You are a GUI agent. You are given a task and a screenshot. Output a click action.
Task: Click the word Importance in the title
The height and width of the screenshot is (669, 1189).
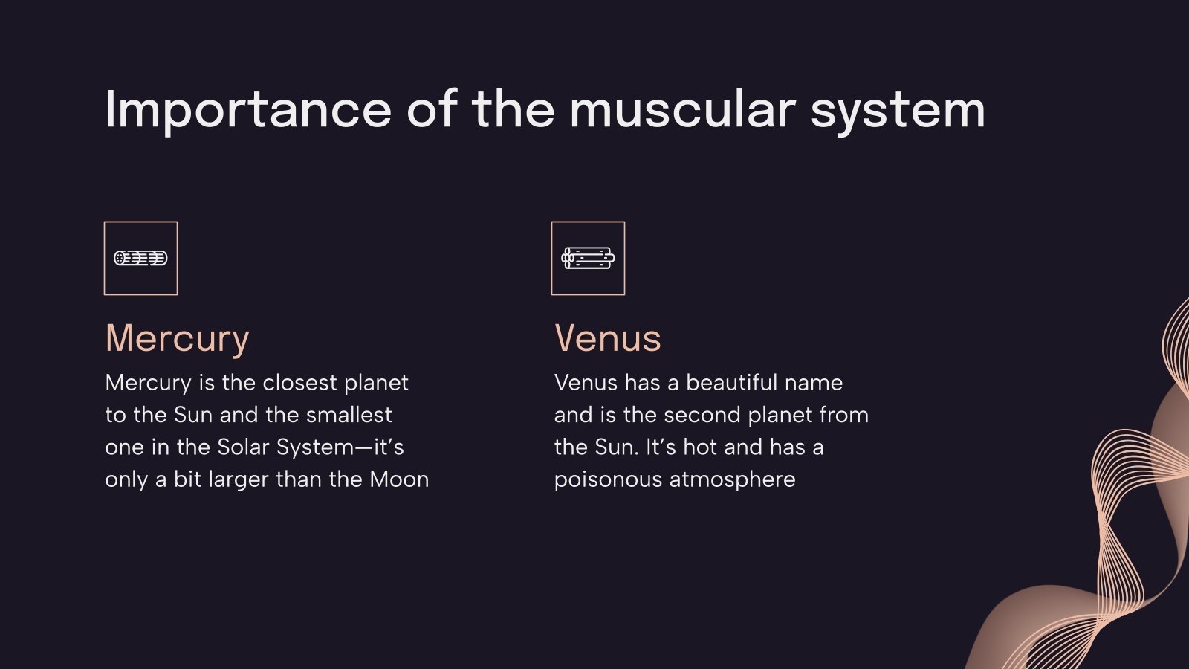pyautogui.click(x=248, y=110)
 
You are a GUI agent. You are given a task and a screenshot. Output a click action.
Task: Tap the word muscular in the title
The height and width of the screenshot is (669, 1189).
pyautogui.click(x=682, y=110)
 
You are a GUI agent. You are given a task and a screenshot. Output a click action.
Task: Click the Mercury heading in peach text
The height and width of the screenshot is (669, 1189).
pyautogui.click(x=177, y=339)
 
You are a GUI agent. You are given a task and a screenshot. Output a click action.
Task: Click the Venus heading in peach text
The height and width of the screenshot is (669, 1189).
pyautogui.click(x=607, y=338)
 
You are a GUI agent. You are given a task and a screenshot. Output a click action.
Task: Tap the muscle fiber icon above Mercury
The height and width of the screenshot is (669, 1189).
pyautogui.click(x=140, y=258)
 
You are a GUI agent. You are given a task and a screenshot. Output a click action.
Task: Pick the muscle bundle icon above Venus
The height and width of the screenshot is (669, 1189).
pyautogui.click(x=588, y=258)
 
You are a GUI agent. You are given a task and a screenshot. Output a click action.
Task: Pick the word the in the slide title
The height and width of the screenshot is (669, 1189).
pyautogui.click(x=513, y=110)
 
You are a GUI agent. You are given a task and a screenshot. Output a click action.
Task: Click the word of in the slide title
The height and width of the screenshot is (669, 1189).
pyautogui.click(x=431, y=110)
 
